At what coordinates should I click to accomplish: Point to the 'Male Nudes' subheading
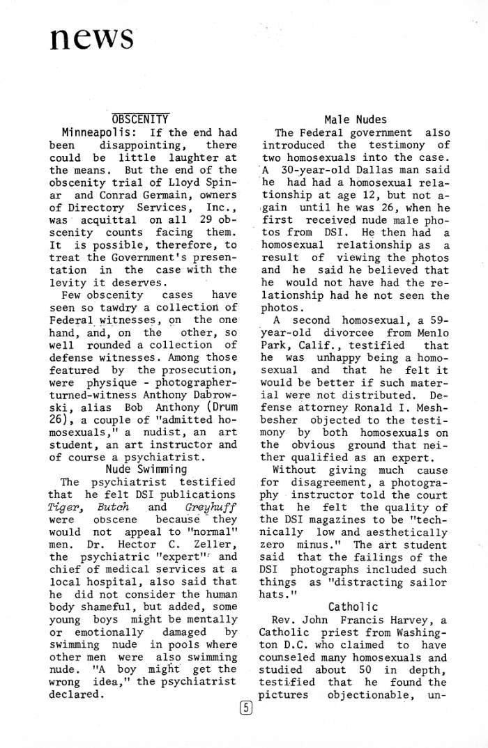click(356, 120)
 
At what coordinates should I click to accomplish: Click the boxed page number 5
click(245, 708)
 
